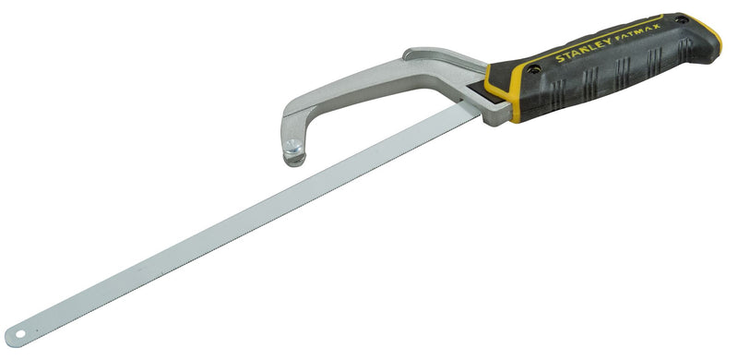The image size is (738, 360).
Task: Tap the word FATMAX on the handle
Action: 639,33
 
